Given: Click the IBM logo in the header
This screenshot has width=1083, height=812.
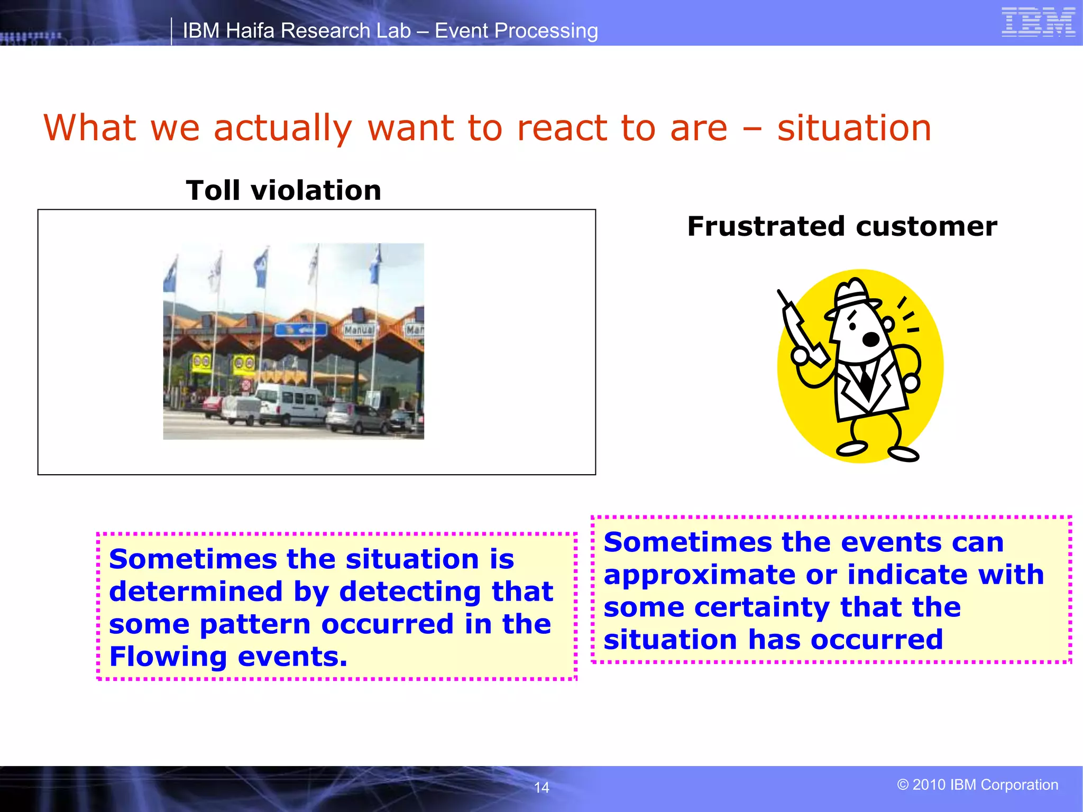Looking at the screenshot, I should pyautogui.click(x=1038, y=23).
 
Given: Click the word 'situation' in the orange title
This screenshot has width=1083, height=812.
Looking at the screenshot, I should pyautogui.click(x=854, y=128).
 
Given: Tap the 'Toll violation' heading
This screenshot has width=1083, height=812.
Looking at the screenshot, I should pyautogui.click(x=283, y=190).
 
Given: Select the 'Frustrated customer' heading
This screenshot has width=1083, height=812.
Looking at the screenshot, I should pyautogui.click(x=842, y=226).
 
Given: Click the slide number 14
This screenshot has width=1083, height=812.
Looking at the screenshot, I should pyautogui.click(x=541, y=788).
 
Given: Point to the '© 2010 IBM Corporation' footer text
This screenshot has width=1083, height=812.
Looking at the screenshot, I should pyautogui.click(x=977, y=785).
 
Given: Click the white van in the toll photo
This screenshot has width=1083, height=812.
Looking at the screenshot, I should pyautogui.click(x=290, y=404).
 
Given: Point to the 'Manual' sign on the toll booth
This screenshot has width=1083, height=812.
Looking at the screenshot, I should pyautogui.click(x=359, y=330).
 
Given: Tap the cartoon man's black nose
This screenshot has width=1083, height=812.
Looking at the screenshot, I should pyautogui.click(x=870, y=338).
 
